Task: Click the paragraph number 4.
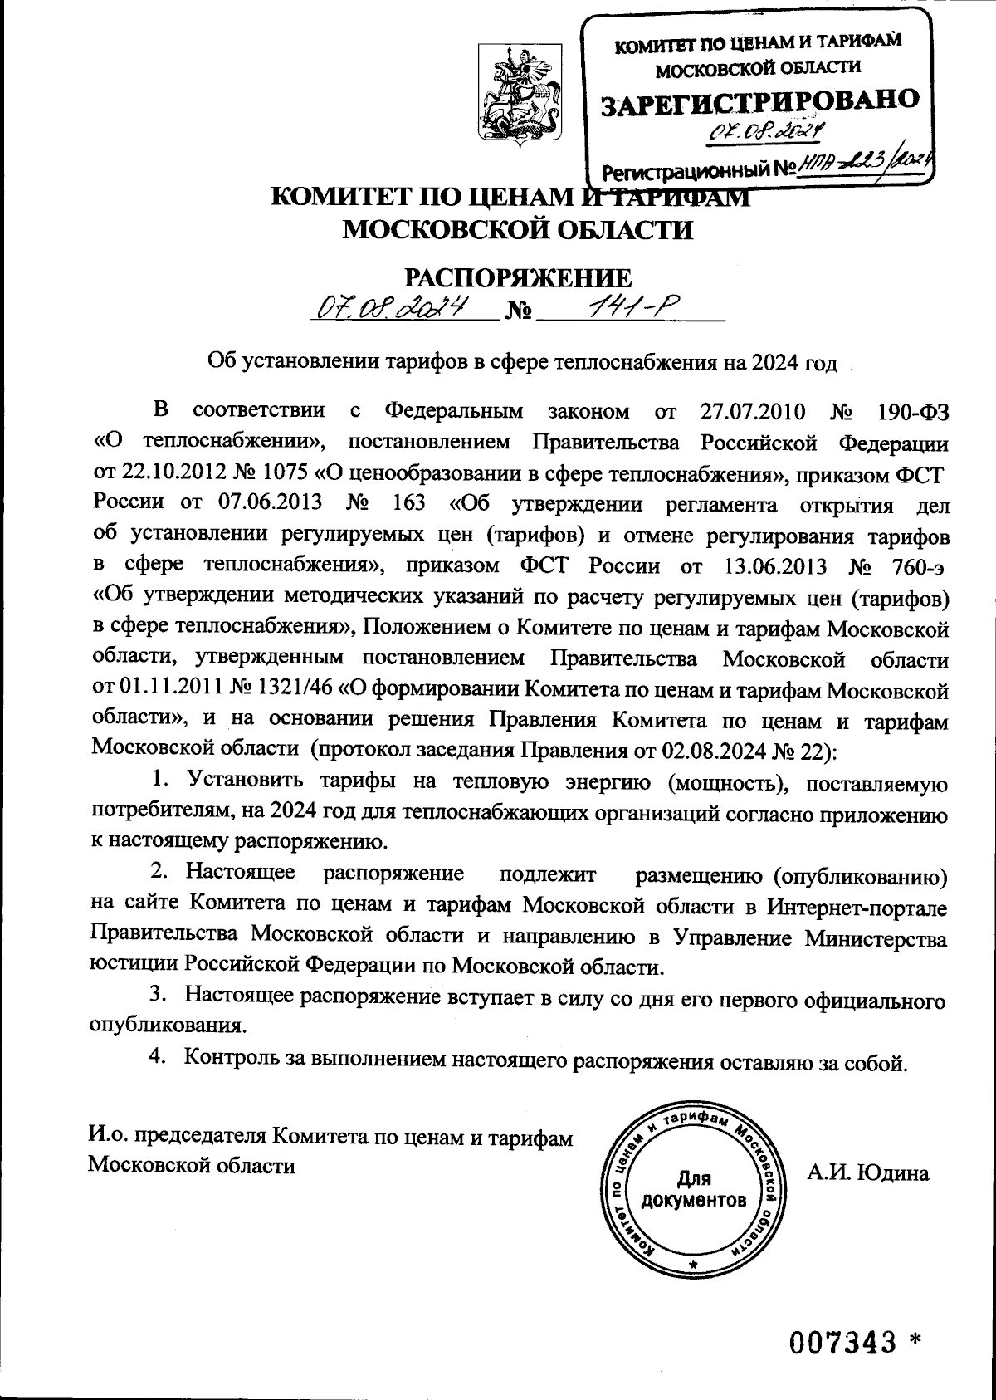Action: click(x=155, y=1058)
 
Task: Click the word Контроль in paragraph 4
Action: click(x=231, y=1058)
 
